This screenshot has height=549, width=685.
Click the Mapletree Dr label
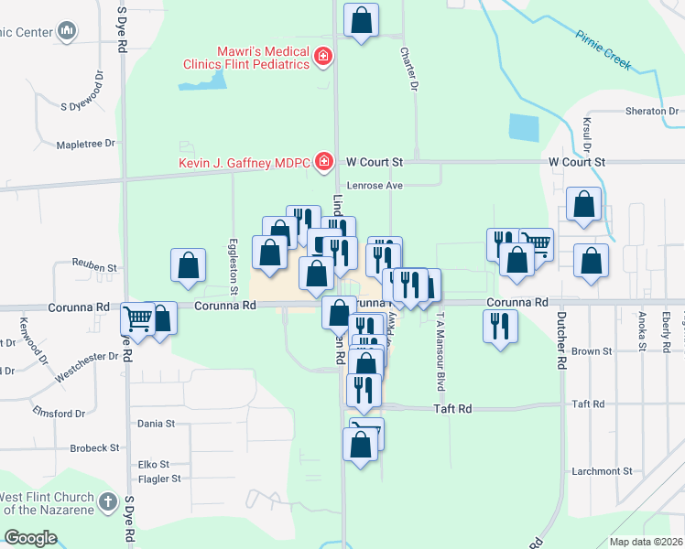tap(84, 144)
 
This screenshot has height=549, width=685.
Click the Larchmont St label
tap(601, 471)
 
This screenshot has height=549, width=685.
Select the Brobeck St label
tap(94, 448)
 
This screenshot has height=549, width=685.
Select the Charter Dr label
tap(408, 70)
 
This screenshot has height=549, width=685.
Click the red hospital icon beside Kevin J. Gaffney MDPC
tap(323, 162)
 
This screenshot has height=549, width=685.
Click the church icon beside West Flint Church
tap(108, 501)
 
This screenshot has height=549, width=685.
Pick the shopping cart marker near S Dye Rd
tap(137, 320)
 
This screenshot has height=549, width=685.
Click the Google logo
tap(29, 538)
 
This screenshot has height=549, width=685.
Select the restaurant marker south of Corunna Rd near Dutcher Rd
tap(500, 326)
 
